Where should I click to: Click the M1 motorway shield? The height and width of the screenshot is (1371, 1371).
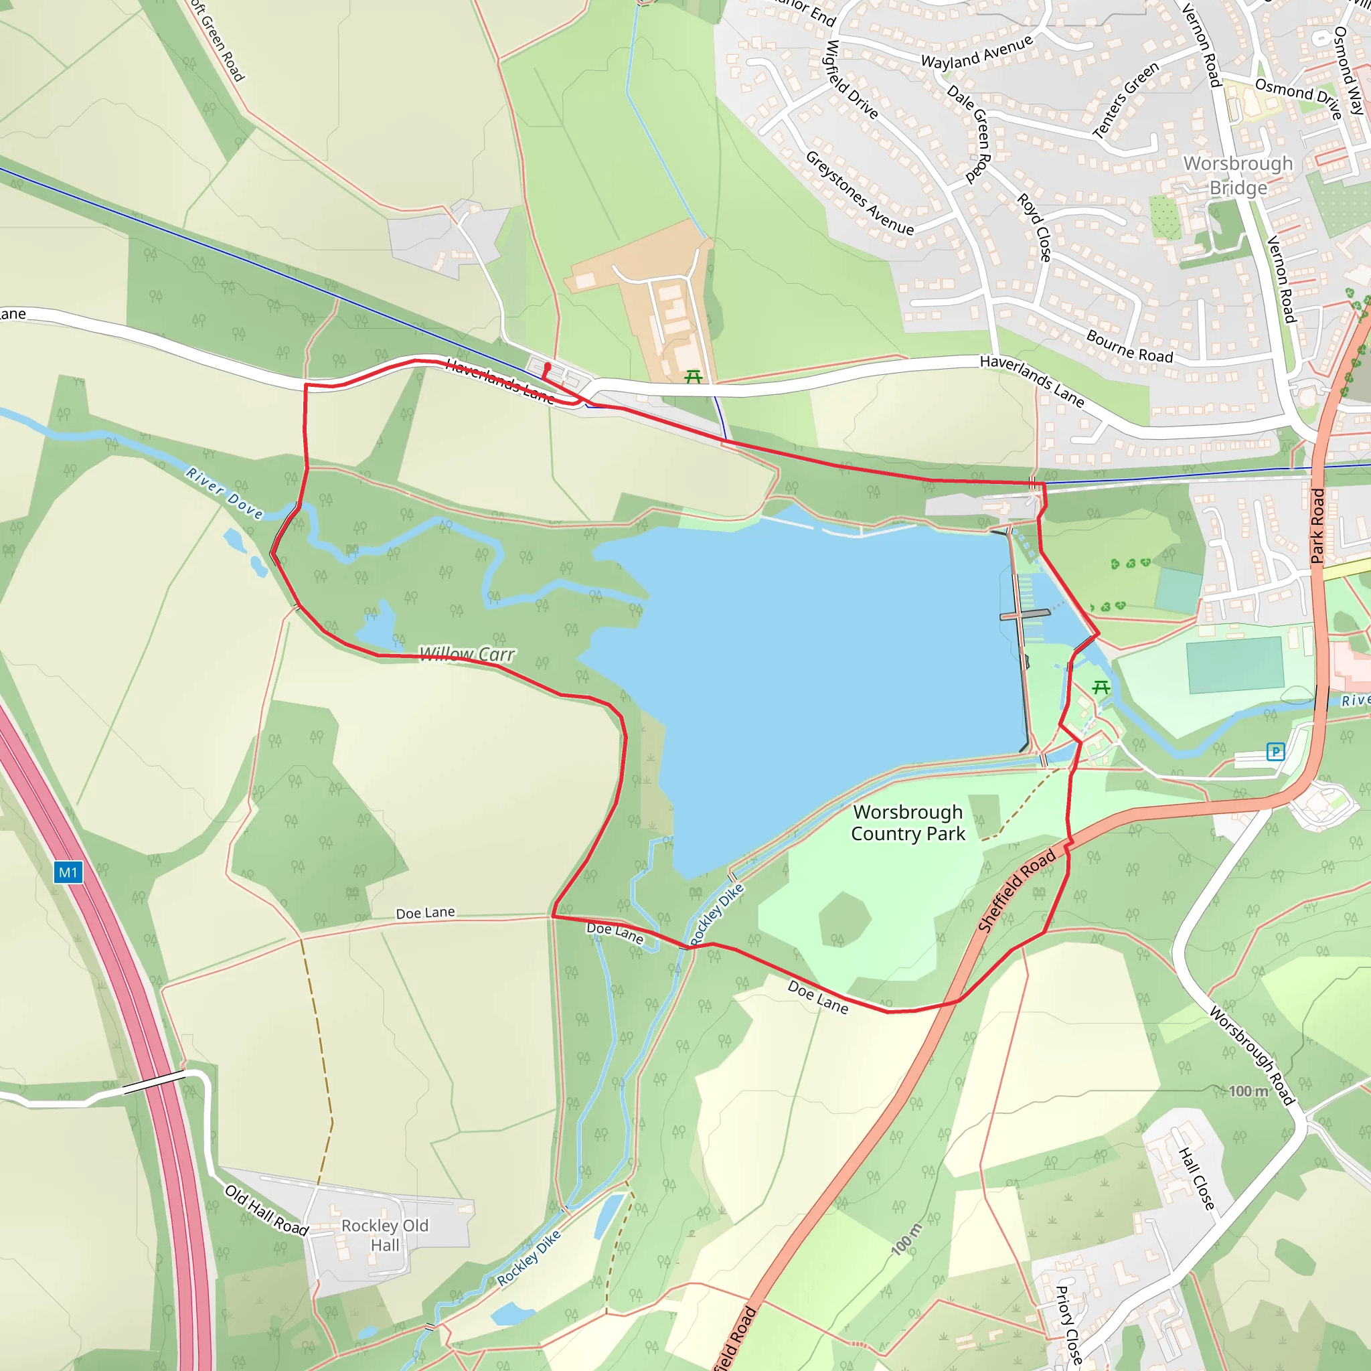(x=68, y=873)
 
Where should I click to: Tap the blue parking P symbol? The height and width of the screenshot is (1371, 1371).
(x=1275, y=752)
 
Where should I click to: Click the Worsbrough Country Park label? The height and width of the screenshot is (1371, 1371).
(x=908, y=823)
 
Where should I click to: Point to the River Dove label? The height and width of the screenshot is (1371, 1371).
(x=224, y=493)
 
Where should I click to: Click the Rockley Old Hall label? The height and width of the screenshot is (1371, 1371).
(x=385, y=1236)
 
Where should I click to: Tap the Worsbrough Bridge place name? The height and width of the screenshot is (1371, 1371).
(x=1238, y=175)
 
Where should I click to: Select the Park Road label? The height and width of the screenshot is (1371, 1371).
(x=1317, y=526)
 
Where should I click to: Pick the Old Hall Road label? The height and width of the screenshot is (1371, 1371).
(x=266, y=1210)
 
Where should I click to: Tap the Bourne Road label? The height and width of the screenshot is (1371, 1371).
(x=1129, y=346)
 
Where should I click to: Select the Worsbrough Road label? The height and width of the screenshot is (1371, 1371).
(x=1253, y=1055)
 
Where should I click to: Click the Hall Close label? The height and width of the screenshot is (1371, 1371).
(x=1196, y=1179)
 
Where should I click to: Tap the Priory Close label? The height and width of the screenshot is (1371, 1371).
(x=1068, y=1325)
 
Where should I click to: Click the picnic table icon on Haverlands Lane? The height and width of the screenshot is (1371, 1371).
(x=694, y=377)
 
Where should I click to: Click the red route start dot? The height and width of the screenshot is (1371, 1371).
(x=547, y=366)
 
